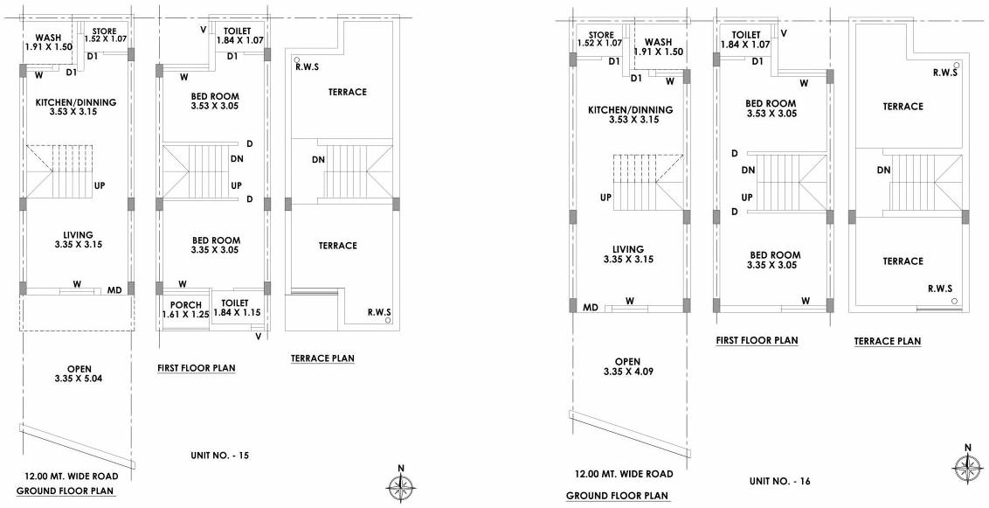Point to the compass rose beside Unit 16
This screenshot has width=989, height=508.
click(966, 466)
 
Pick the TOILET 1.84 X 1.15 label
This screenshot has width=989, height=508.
click(237, 307)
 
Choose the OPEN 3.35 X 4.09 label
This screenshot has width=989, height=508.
click(627, 366)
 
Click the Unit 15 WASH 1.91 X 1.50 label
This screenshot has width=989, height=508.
click(48, 42)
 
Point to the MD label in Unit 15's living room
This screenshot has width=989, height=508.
click(114, 289)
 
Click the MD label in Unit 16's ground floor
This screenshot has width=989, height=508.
click(591, 307)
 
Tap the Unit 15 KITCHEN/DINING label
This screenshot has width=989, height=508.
click(76, 108)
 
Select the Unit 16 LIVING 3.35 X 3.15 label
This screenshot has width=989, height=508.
click(628, 254)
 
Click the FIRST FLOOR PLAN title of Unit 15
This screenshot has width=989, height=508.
click(197, 368)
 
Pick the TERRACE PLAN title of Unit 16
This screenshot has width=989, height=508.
click(887, 341)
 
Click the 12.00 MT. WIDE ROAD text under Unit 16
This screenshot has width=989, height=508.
click(624, 474)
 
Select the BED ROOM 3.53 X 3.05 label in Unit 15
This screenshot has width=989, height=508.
click(215, 101)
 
